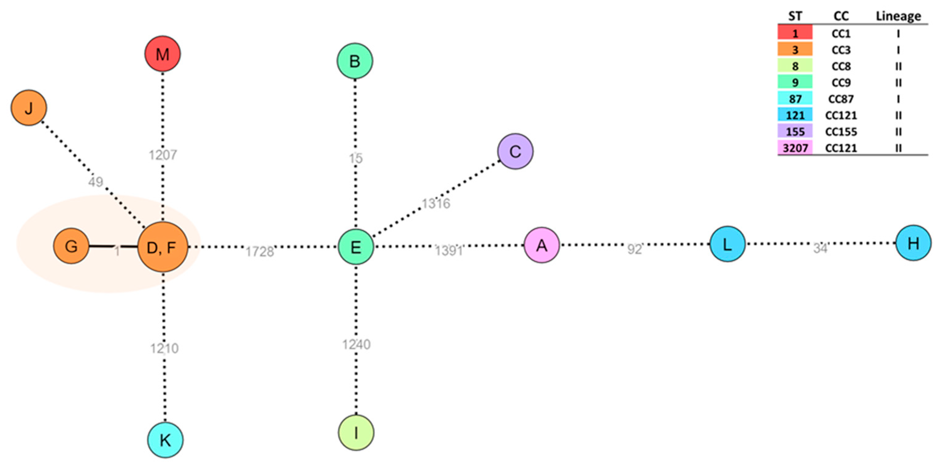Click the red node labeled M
162,54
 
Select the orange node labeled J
29,108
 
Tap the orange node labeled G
71,246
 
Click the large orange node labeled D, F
163,247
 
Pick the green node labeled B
355,61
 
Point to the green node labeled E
355,247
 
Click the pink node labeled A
542,245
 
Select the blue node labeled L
728,244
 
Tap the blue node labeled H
913,243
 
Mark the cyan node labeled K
165,440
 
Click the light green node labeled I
356,433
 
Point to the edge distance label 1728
259,252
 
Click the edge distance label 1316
436,203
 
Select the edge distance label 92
634,249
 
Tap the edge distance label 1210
164,348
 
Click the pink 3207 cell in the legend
795,148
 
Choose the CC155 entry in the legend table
841,132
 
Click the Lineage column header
898,16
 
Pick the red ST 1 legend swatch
795,33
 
